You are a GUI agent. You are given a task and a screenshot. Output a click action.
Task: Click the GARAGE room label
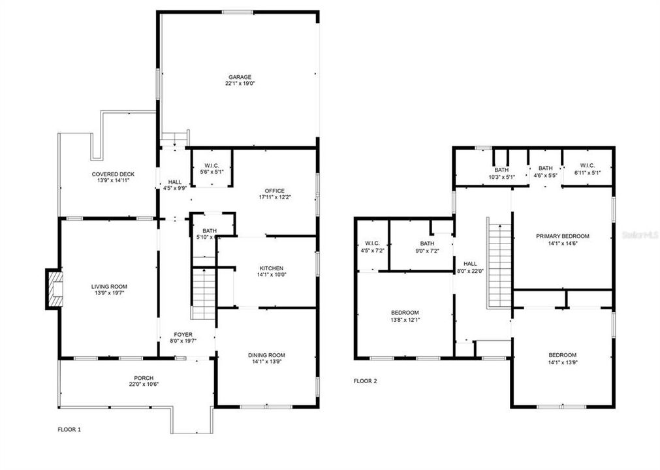[x=239, y=77]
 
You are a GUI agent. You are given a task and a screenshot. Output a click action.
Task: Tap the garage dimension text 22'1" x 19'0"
[x=239, y=84]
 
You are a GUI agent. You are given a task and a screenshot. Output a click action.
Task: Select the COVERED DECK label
[x=113, y=174]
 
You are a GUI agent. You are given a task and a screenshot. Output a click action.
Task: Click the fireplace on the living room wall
[x=54, y=289]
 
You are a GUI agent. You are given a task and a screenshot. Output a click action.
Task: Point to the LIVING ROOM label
[x=109, y=287]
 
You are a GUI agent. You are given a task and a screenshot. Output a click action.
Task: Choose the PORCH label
[x=144, y=377]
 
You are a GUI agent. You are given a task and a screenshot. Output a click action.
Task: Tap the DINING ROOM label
[x=266, y=355]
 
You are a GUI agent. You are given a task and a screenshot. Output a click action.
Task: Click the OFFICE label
[x=274, y=191]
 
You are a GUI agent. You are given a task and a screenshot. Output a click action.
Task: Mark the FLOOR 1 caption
[x=70, y=430]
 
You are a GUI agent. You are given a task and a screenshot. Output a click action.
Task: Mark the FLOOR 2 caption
[x=366, y=381]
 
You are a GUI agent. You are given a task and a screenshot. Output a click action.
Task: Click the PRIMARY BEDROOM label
[x=562, y=236]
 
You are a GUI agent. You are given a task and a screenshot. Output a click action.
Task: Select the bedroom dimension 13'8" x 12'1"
[x=405, y=319]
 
